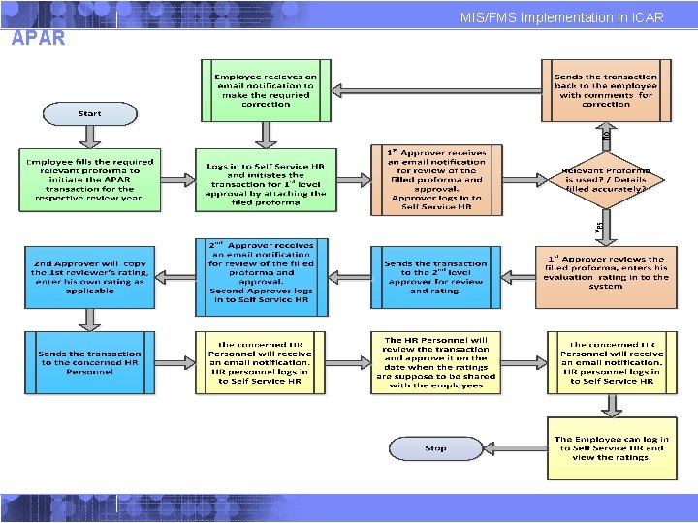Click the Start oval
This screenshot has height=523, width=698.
pyautogui.click(x=88, y=113)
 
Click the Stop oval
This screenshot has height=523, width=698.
pyautogui.click(x=435, y=448)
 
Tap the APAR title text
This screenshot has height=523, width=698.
pyautogui.click(x=39, y=39)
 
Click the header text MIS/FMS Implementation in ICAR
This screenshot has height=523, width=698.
pyautogui.click(x=561, y=18)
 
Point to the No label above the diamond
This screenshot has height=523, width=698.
pyautogui.click(x=606, y=136)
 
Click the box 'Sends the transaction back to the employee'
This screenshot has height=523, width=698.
pyautogui.click(x=605, y=90)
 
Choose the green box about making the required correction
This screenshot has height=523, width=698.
pyautogui.click(x=265, y=90)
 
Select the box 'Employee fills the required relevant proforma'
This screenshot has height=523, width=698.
pyautogui.click(x=88, y=180)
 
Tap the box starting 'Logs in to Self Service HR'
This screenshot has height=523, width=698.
pyautogui.click(x=265, y=180)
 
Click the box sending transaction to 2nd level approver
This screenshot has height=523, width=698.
pyautogui.click(x=435, y=276)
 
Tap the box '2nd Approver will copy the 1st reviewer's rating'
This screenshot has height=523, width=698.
pyautogui.click(x=88, y=276)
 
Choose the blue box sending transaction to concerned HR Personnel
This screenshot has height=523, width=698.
pyautogui.click(x=88, y=361)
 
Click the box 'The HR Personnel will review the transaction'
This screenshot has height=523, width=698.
pyautogui.click(x=435, y=361)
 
